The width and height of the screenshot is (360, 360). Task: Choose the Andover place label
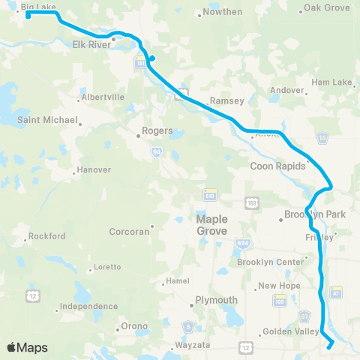pyautogui.click(x=287, y=90)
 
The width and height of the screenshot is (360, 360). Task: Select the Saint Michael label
pyautogui.click(x=49, y=120)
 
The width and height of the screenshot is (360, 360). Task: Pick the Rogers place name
pyautogui.click(x=157, y=130)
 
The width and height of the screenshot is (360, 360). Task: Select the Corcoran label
pyautogui.click(x=129, y=232)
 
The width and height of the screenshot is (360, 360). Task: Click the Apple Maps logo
pyautogui.click(x=27, y=348)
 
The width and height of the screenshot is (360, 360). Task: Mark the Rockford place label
pyautogui.click(x=47, y=236)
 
